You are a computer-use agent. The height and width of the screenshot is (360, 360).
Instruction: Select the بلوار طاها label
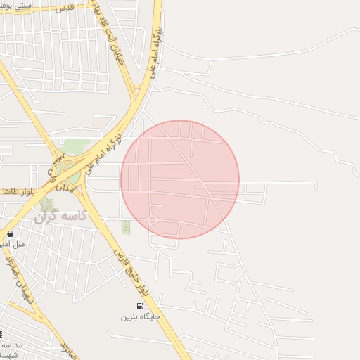(x=18, y=191)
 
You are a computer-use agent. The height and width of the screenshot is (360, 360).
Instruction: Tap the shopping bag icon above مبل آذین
(x=10, y=233)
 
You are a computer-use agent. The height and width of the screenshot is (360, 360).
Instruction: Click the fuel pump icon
(x=140, y=306)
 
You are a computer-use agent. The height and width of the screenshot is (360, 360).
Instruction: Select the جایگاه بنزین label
(x=140, y=317)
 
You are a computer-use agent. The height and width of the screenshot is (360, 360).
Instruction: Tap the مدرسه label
(x=12, y=345)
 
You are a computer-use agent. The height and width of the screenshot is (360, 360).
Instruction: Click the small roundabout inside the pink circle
(x=152, y=220)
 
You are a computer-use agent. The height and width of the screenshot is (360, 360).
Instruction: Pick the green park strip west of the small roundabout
(x=126, y=226)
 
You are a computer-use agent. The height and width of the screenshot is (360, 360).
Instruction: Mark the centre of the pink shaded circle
(x=180, y=179)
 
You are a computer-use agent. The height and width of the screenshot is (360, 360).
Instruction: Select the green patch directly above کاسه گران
(x=47, y=205)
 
